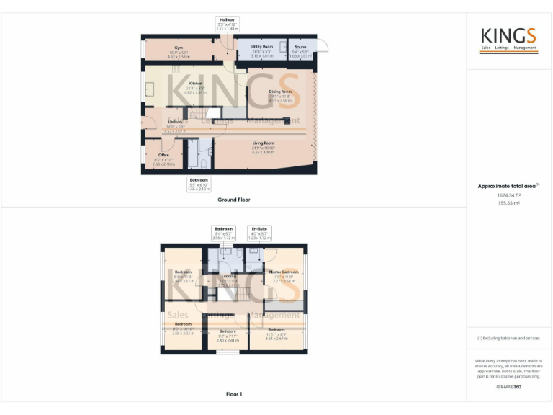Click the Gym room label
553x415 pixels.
coord(179,48)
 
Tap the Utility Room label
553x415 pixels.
coord(261,47)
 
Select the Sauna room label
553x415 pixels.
coord(300,47)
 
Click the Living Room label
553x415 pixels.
coord(263,143)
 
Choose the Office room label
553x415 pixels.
coord(164,155)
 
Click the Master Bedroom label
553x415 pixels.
coord(285,272)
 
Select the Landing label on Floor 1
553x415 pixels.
coord(229,276)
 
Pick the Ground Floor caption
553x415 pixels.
coord(234,200)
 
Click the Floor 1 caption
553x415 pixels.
coord(234,394)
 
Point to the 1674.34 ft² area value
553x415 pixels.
coord(508,195)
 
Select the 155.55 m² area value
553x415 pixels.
coord(508,203)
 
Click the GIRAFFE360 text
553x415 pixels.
coord(508,387)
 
